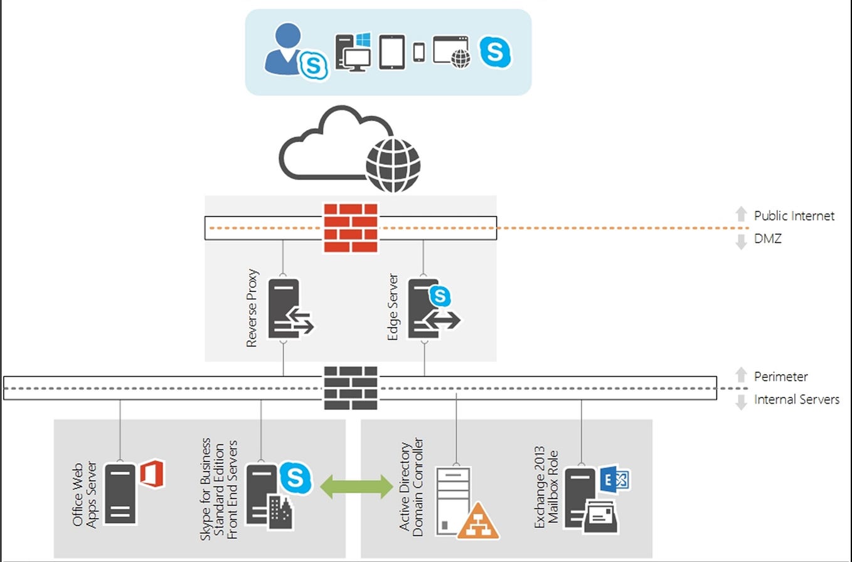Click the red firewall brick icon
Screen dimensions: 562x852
tap(351, 227)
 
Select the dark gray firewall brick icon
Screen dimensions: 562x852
tap(351, 387)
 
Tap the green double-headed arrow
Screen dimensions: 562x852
tap(356, 487)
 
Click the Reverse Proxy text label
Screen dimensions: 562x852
tap(252, 308)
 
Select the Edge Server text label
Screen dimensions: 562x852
tap(393, 307)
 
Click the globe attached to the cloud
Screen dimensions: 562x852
tap(393, 165)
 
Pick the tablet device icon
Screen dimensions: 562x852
tap(392, 52)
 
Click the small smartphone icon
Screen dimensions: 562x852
tap(419, 52)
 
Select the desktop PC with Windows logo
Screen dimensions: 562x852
tap(353, 52)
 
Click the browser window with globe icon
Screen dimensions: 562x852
tap(452, 52)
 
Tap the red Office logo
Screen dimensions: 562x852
tap(151, 473)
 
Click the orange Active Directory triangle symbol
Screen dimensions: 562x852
tap(478, 521)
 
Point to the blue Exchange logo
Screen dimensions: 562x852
tap(614, 480)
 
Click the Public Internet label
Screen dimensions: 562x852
tap(794, 216)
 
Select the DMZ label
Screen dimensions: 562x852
tap(768, 239)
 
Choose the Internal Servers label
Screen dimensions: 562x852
tap(796, 399)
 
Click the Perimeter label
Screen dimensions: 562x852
tap(780, 377)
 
